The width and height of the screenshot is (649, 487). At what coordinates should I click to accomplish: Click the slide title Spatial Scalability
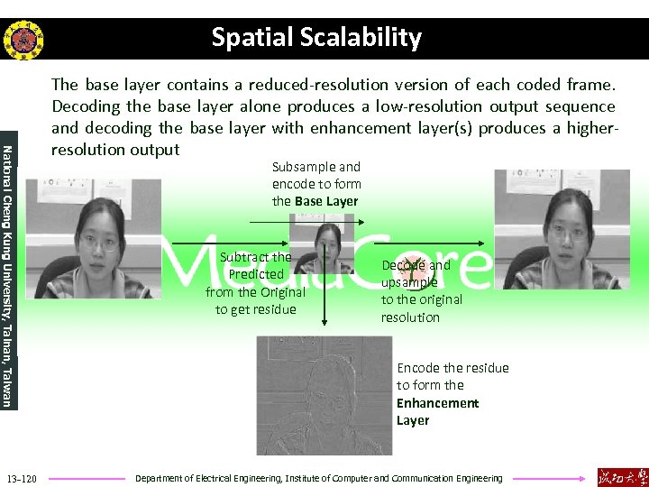point(316,38)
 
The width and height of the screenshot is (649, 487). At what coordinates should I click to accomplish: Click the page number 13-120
point(21,478)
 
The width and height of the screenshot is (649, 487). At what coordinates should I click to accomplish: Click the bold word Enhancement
point(437,403)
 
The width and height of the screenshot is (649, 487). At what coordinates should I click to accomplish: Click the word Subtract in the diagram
point(244,257)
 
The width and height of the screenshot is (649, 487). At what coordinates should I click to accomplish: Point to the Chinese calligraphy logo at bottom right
point(621,476)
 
